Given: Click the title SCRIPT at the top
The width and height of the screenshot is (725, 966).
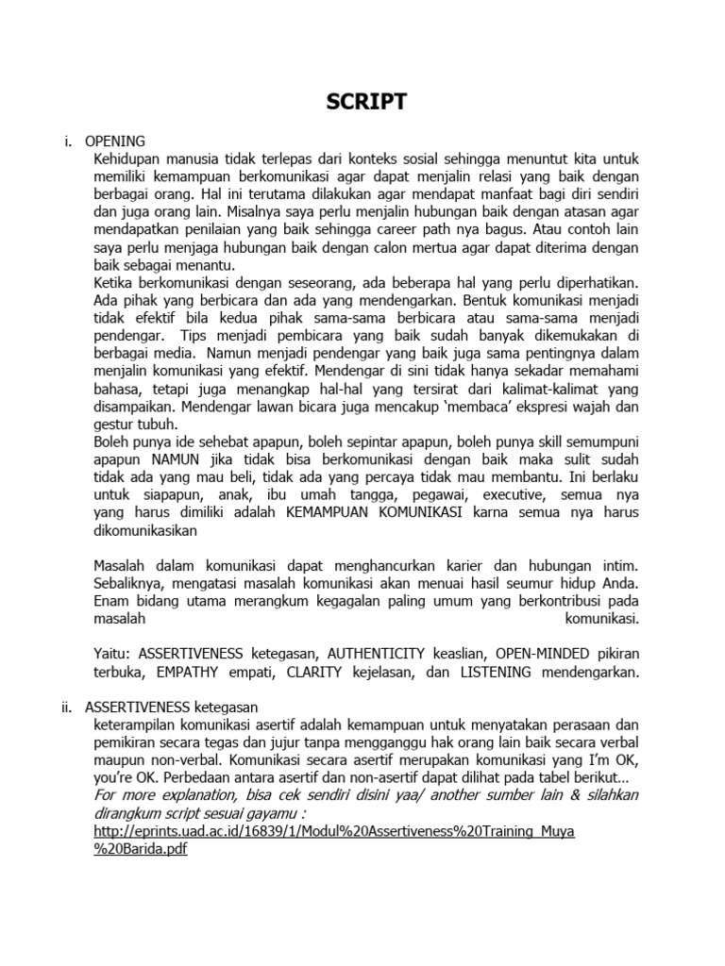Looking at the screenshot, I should pos(367,103).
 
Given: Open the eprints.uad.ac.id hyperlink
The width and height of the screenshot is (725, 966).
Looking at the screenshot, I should pos(335,831).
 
